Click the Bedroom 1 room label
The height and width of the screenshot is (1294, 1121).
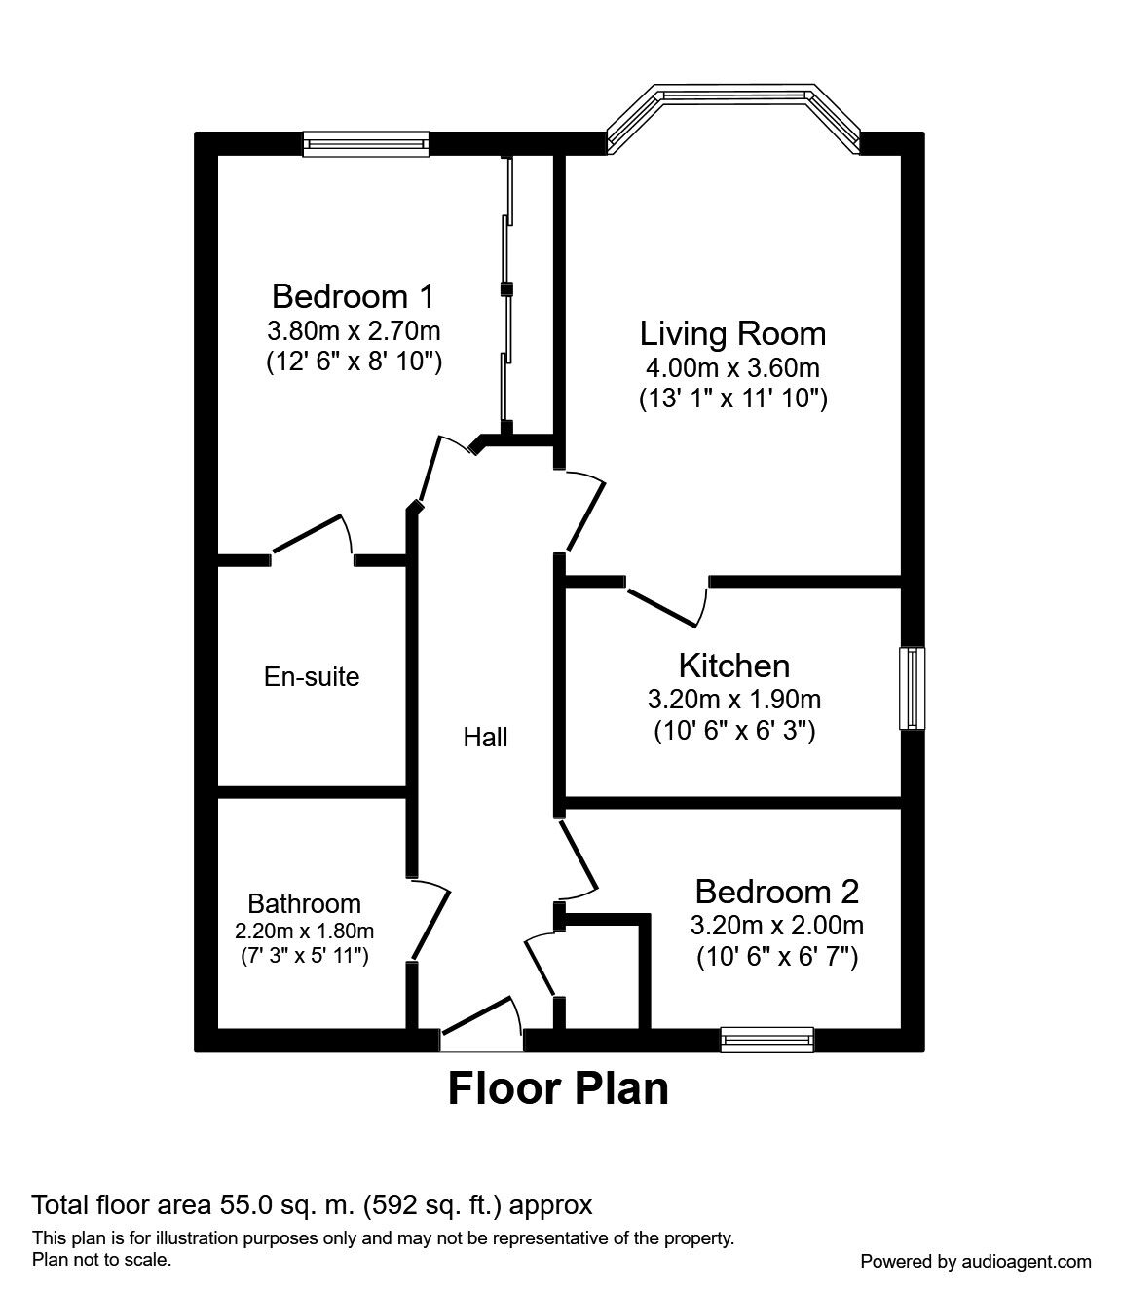tap(353, 295)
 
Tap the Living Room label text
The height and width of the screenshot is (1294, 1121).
tap(732, 333)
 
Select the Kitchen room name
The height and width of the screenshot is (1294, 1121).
tap(733, 666)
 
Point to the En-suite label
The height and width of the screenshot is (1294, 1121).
tap(312, 676)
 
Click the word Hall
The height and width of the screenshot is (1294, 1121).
tap(485, 738)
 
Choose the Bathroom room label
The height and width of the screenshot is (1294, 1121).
tap(304, 903)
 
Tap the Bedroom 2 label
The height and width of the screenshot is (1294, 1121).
tap(776, 891)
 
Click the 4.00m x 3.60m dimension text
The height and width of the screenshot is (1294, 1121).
tap(732, 367)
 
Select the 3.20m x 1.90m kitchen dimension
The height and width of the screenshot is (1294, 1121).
tap(733, 699)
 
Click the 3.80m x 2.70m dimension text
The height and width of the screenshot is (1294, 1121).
tap(354, 329)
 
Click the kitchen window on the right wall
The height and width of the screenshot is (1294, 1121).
tap(912, 688)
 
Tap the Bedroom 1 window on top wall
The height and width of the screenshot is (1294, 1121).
tap(365, 145)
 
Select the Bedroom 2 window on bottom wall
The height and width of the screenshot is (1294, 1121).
tap(766, 1040)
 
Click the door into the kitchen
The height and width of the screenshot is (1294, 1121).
tap(667, 599)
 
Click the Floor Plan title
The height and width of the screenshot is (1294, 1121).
tap(558, 1088)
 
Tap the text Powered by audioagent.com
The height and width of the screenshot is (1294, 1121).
tap(976, 1261)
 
